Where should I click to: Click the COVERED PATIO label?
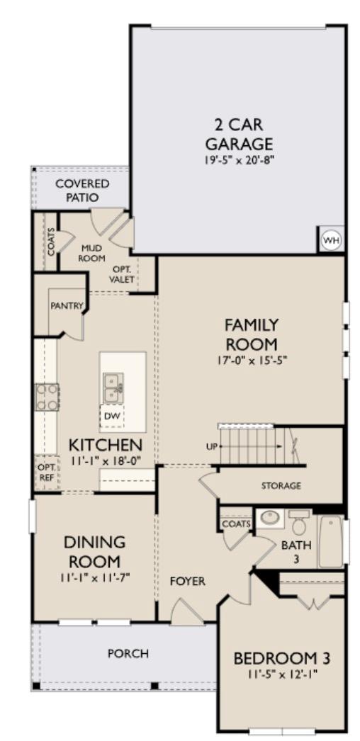click(x=79, y=191)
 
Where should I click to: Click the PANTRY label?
click(x=67, y=306)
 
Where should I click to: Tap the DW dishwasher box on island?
click(x=111, y=416)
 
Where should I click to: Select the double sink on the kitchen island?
click(x=113, y=387)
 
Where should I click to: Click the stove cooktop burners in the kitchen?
click(x=47, y=397)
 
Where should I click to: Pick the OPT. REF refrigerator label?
click(x=45, y=471)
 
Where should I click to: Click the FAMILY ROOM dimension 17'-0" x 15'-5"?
click(x=252, y=359)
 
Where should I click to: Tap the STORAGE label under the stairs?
click(x=281, y=486)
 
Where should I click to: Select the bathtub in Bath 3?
click(x=330, y=541)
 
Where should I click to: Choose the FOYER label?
click(x=187, y=581)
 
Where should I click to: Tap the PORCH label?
click(x=128, y=653)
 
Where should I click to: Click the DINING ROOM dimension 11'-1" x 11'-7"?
click(x=95, y=576)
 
